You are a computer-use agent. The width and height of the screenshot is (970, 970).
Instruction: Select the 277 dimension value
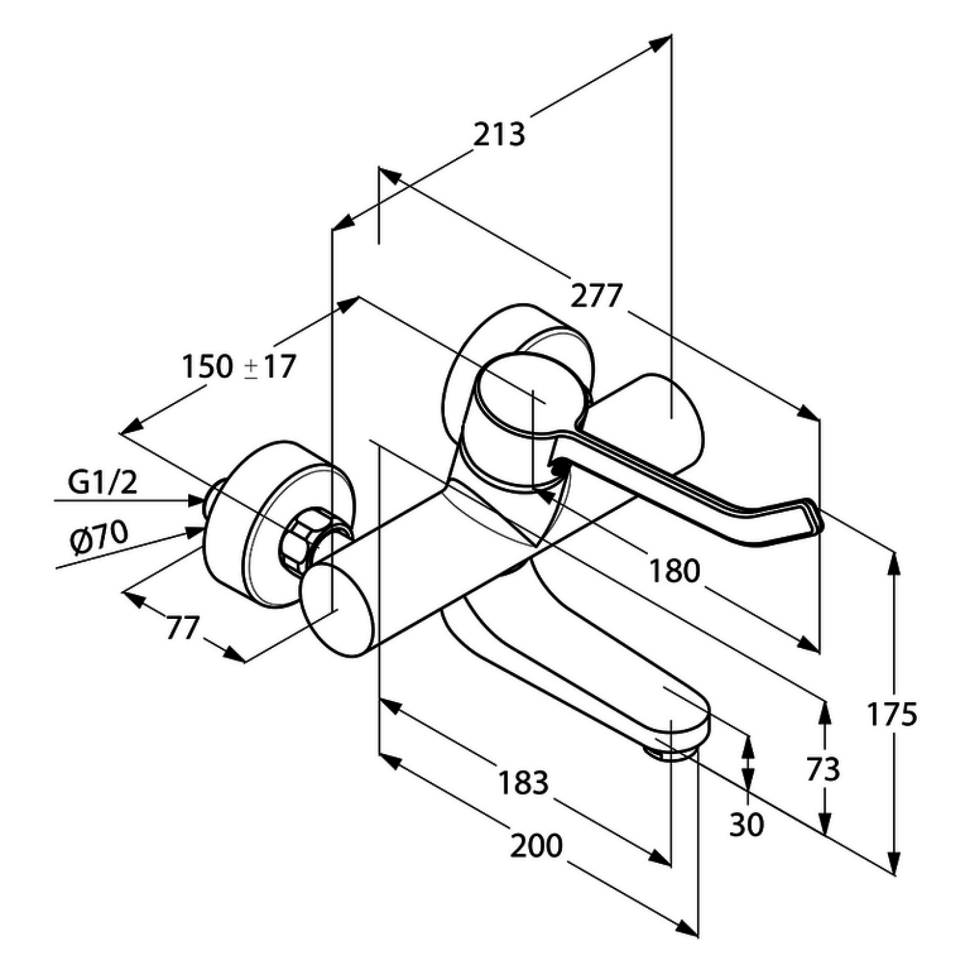pos(596,296)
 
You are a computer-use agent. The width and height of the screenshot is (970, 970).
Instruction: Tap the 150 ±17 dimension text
pos(238,367)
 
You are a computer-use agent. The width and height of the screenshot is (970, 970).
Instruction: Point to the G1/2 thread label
pos(103,482)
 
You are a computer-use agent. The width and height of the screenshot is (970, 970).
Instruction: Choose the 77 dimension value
pos(182,627)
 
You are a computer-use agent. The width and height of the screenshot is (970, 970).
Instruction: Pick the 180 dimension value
pos(674,571)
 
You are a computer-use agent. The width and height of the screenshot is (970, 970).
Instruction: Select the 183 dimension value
pos(523,782)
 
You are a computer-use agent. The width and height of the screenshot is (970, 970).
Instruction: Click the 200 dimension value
pos(536,845)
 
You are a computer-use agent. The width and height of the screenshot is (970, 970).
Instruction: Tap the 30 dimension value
pos(746,824)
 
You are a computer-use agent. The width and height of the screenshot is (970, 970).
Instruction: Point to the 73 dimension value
pos(823,770)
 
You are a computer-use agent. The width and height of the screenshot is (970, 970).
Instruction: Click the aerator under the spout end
pos(673,753)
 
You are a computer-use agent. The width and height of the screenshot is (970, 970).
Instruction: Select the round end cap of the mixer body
pos(338,610)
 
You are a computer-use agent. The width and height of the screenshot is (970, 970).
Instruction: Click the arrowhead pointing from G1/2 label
pos(198,500)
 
